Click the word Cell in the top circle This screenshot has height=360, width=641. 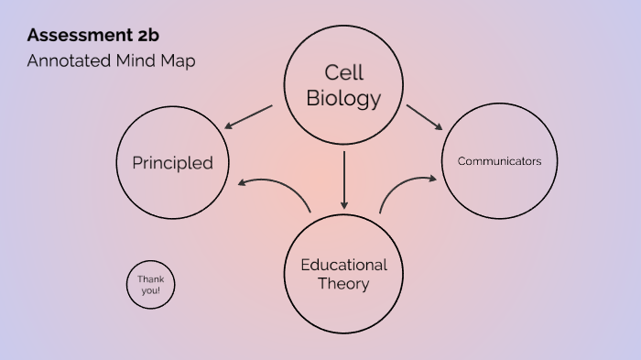(343, 72)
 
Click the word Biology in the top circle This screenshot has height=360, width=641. (343, 98)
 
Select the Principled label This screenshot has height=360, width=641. (172, 163)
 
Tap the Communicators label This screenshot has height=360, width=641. (499, 161)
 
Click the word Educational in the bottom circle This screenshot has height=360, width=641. (343, 265)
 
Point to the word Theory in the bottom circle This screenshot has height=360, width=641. (343, 284)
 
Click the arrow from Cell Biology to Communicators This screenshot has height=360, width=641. (425, 117)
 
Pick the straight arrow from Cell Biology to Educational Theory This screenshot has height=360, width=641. (344, 179)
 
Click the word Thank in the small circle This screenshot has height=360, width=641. (150, 278)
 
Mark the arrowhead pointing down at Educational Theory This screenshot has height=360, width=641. (344, 202)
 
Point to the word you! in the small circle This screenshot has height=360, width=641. (150, 290)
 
